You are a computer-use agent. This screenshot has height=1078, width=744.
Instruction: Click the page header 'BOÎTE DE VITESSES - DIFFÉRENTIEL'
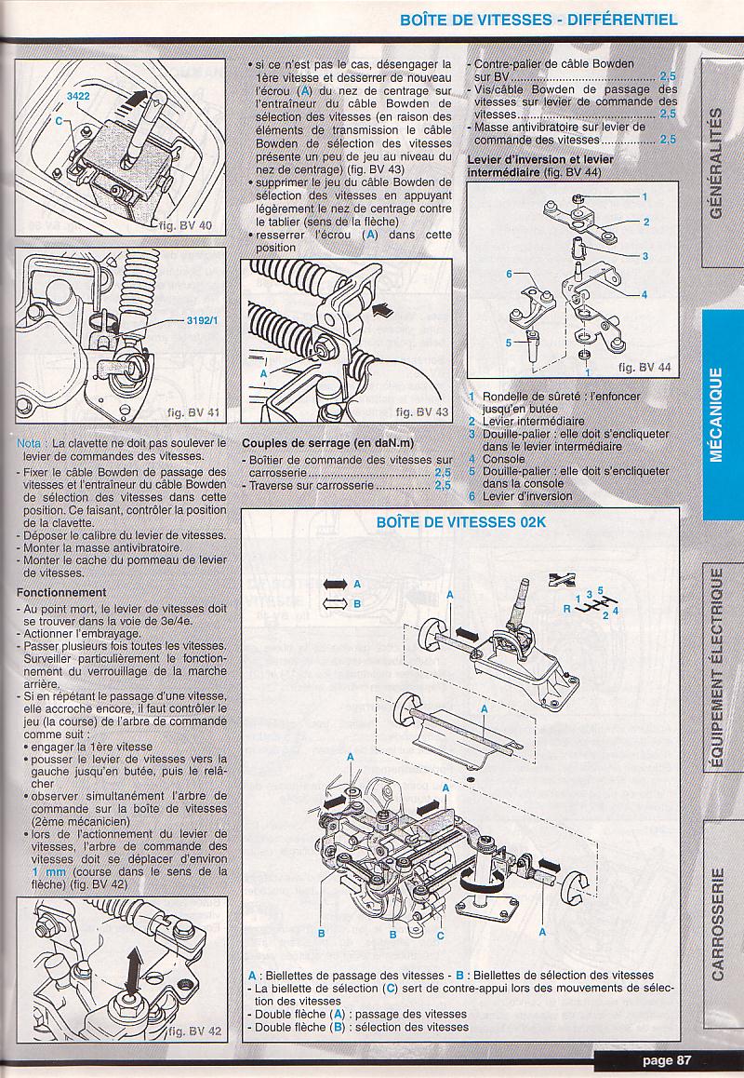pos(538,19)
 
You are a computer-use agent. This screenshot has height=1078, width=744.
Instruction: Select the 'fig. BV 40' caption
pos(186,226)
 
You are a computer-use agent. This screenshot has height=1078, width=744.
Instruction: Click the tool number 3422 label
pos(79,96)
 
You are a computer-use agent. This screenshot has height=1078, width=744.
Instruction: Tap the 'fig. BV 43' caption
pos(421,411)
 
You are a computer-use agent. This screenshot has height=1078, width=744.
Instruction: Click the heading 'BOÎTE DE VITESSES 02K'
pos(461,522)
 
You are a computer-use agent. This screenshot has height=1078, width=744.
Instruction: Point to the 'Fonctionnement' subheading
pos(61,592)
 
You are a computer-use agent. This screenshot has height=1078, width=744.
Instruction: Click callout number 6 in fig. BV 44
pos(510,273)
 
